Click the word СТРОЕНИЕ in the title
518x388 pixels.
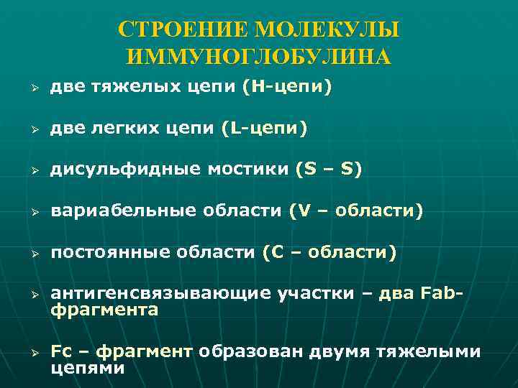tap(174, 30)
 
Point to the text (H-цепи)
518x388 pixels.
tap(287, 87)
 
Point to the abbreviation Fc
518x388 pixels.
tap(62, 351)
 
